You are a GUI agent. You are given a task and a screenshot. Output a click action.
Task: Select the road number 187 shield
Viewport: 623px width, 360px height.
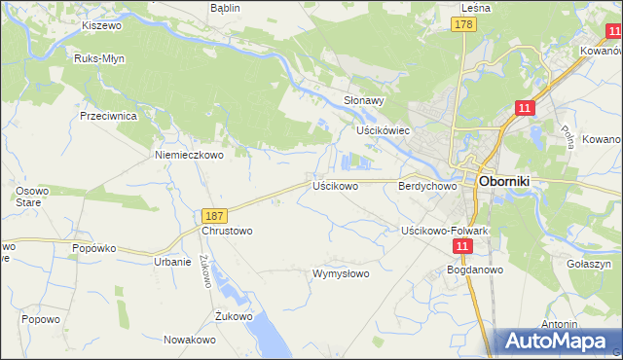(215, 214)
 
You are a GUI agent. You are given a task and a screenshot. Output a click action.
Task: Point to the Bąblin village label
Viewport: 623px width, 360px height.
(225, 7)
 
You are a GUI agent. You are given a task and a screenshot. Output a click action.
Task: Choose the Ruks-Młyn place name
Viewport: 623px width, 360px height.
(97, 58)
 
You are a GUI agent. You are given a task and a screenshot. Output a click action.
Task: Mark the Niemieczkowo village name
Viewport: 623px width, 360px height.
(190, 154)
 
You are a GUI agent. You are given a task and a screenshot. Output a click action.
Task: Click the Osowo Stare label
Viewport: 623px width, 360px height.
(20, 196)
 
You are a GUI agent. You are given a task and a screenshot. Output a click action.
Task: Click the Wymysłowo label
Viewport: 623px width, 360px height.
(340, 273)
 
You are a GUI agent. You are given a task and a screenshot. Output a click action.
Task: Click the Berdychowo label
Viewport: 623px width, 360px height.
(427, 185)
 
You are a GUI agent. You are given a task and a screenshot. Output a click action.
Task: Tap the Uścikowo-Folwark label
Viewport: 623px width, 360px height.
(444, 231)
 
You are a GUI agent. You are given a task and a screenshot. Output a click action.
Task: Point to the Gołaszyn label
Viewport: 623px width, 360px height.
(588, 264)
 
